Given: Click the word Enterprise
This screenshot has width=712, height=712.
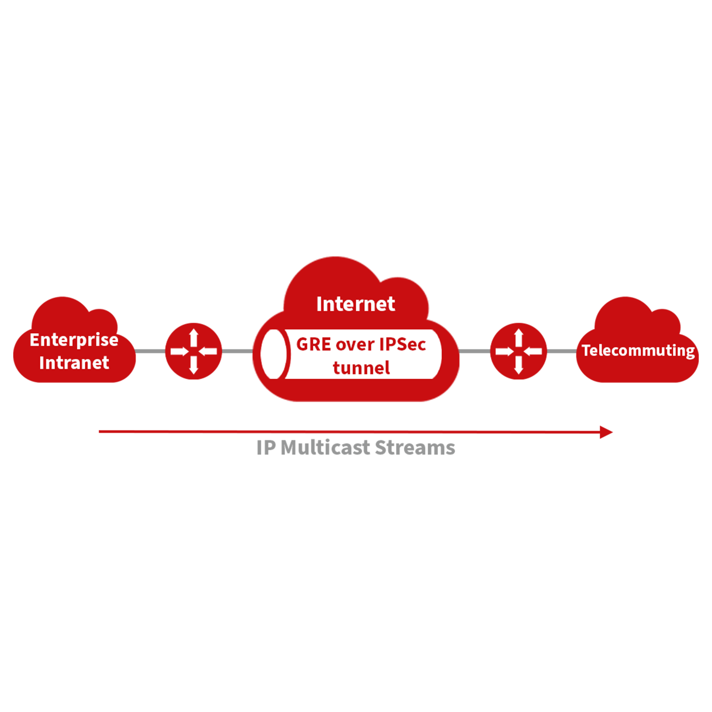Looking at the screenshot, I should tap(74, 340).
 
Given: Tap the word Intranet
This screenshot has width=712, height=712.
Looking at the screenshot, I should tap(74, 363).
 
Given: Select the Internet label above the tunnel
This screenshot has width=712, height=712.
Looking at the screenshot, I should tap(355, 304).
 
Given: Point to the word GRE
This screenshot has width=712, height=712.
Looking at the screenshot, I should tap(313, 344).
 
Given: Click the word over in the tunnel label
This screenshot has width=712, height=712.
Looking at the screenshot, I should tap(354, 345).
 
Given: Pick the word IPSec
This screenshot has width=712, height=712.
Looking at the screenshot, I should tap(402, 344).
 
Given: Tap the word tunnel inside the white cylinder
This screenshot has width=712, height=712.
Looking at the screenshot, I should tap(361, 368).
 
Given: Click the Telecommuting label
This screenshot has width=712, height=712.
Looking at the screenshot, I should tap(638, 351).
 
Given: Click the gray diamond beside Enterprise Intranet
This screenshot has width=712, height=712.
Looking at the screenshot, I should tap(151, 350).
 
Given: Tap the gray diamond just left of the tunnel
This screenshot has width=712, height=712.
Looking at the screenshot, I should tap(237, 351).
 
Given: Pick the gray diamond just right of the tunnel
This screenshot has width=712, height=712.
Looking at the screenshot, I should tap(475, 350).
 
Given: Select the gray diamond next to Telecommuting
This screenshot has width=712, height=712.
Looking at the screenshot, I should tap(561, 350).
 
